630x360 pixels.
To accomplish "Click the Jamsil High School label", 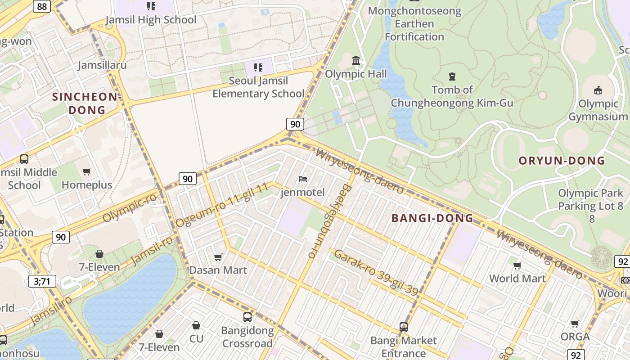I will pos(151,20).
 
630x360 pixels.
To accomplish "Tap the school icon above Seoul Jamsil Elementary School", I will pos(258,67).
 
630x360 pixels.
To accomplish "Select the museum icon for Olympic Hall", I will pos(356,60).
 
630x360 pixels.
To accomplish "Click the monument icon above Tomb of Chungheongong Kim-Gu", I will pos(452,76).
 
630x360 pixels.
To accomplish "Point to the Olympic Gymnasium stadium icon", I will pos(598,90).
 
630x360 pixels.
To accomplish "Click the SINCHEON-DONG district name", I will pos(87,103).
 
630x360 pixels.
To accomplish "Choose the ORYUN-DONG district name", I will pos(562,161).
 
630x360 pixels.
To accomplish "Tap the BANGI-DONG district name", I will pos(432,218).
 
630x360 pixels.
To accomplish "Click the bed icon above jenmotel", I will pos(303,179).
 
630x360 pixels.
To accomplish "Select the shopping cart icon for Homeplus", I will pos(87,171).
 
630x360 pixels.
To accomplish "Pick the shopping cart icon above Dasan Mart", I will pos(218,257).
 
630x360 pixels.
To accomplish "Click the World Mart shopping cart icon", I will pos(517,265).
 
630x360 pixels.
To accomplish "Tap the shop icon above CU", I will pos(196,325).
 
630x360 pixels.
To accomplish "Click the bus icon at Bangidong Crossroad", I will pos(247,317).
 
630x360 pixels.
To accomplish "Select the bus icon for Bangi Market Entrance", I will pos(403,327).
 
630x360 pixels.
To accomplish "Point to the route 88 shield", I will pos(42,6).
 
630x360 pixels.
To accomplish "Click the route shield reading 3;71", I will pos(42,282).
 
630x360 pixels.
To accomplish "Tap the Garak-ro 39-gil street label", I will pos(376,273).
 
